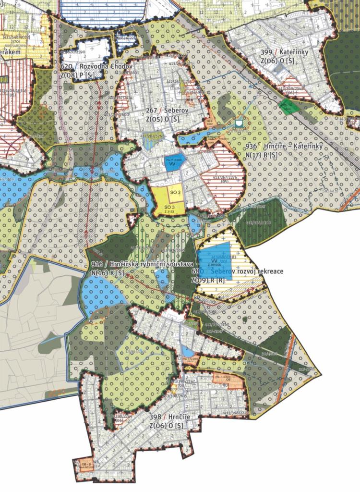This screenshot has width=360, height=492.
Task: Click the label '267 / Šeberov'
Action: click(155, 110)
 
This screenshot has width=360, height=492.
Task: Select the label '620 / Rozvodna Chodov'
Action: click(91, 66)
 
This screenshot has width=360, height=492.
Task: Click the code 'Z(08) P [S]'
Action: click(90, 75)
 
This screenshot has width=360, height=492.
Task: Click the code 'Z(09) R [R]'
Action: click(208, 280)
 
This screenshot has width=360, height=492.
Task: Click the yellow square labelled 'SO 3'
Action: click(175, 192)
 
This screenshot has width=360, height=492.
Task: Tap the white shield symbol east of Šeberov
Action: click(239, 124)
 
